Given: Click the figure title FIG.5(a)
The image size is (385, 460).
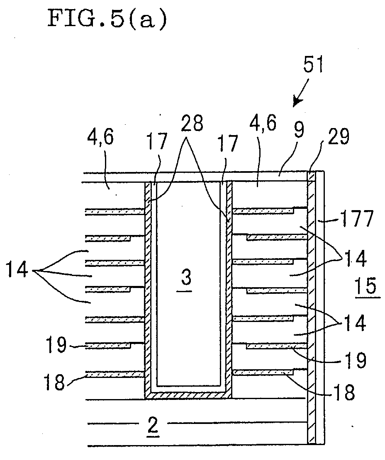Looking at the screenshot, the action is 107,19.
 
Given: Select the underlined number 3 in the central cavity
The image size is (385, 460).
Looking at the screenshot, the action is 186,279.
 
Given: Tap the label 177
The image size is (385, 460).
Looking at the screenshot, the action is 356,218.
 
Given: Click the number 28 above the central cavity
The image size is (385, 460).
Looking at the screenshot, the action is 192,123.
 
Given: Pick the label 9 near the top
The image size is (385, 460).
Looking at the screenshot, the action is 299,130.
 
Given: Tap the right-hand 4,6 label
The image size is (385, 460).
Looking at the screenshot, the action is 263,123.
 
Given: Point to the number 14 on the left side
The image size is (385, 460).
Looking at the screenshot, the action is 17,270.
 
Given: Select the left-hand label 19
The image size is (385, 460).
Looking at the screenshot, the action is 56,345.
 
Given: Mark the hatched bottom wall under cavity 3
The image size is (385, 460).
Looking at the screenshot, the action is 188,395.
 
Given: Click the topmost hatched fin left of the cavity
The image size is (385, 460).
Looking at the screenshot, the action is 115,212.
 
